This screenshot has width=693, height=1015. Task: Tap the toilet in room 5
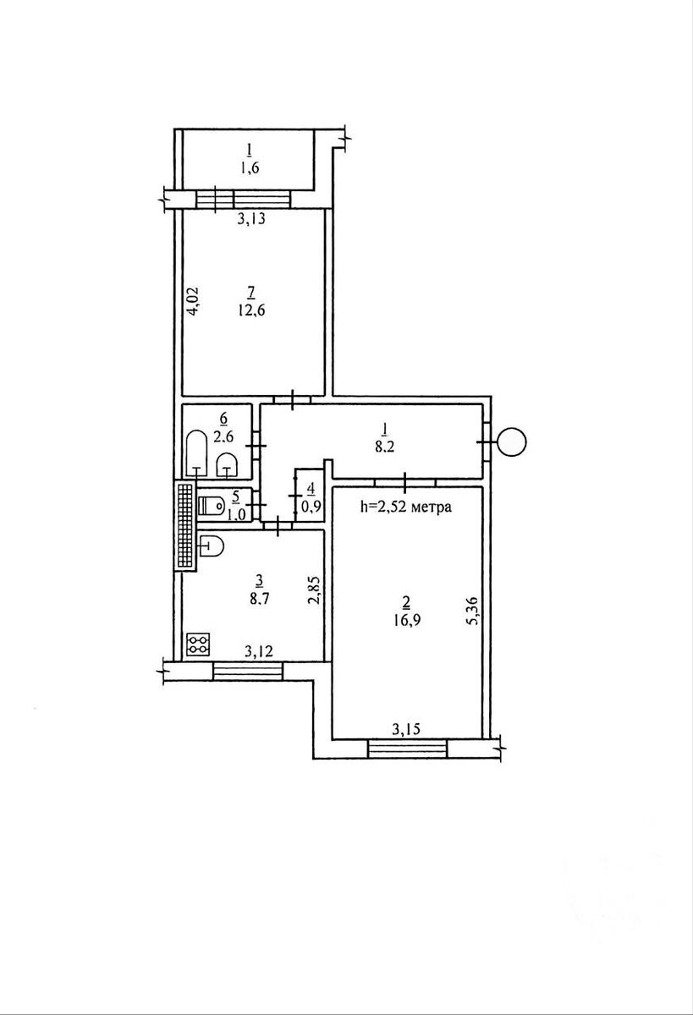coord(212,505)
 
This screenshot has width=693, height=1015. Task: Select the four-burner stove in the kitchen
coord(198,644)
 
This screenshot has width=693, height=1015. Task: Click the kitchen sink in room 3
coord(212,547)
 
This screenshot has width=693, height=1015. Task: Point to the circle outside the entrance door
coord(512,442)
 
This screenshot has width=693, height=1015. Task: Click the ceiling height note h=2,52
coord(405,507)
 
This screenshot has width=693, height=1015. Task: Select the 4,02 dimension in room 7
coord(193,299)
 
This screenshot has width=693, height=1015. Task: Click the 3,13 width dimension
coord(251,220)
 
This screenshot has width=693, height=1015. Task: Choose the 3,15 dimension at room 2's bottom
coord(406,729)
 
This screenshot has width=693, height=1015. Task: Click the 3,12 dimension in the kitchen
coord(259,651)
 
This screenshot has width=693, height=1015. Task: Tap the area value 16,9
coord(406,620)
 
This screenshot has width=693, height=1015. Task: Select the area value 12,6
coord(250,311)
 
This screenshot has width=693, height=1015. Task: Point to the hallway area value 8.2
coord(385,447)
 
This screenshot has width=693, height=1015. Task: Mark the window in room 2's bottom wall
coord(407,749)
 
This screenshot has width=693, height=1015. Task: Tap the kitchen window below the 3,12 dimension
coord(247,671)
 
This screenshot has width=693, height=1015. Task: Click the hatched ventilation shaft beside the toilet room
coord(186,525)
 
